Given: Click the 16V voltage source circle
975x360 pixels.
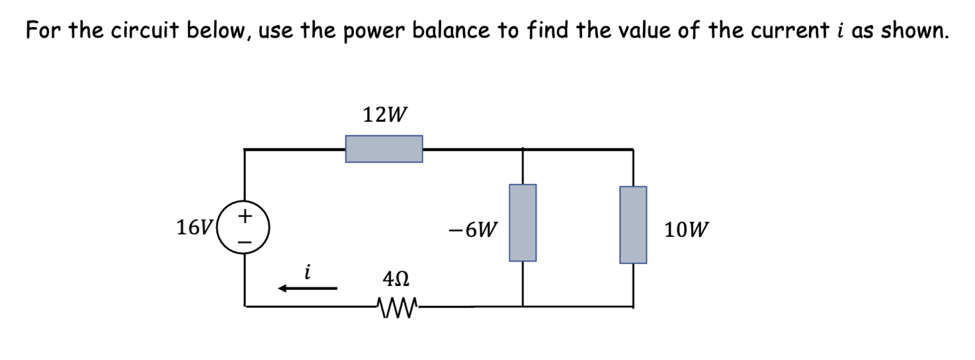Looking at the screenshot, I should click(x=245, y=228).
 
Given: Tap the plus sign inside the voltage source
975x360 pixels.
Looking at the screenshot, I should click(x=245, y=216).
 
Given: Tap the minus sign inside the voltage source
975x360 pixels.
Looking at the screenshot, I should click(x=245, y=242).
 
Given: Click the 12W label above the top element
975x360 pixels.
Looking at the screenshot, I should click(x=384, y=115).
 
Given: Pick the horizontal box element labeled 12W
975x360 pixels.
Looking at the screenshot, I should click(x=384, y=149).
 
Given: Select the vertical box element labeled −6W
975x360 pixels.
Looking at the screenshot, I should click(x=523, y=222).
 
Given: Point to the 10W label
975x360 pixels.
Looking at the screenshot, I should click(x=687, y=230).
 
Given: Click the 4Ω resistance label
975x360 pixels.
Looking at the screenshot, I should click(x=396, y=279).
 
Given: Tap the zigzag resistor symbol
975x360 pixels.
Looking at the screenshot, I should click(x=396, y=306).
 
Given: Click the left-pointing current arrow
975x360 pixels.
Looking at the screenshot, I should click(x=308, y=288).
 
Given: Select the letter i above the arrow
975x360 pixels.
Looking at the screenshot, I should click(x=306, y=271).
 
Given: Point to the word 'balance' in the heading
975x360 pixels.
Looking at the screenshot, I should click(x=448, y=30).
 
